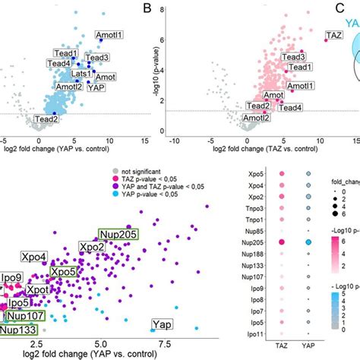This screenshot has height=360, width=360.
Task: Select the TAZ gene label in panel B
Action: pyautogui.click(x=333, y=35)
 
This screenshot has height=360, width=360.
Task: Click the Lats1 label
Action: pyautogui.click(x=83, y=76)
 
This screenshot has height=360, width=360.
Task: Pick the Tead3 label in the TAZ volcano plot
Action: pyautogui.click(x=293, y=58)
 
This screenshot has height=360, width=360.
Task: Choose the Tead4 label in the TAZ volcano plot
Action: pyautogui.click(x=289, y=109)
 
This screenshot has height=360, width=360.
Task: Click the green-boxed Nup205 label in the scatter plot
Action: pyautogui.click(x=122, y=234)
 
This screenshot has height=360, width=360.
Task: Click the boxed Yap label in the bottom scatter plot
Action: pyautogui.click(x=160, y=324)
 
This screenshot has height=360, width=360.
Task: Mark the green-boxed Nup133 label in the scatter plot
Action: pyautogui.click(x=19, y=330)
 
